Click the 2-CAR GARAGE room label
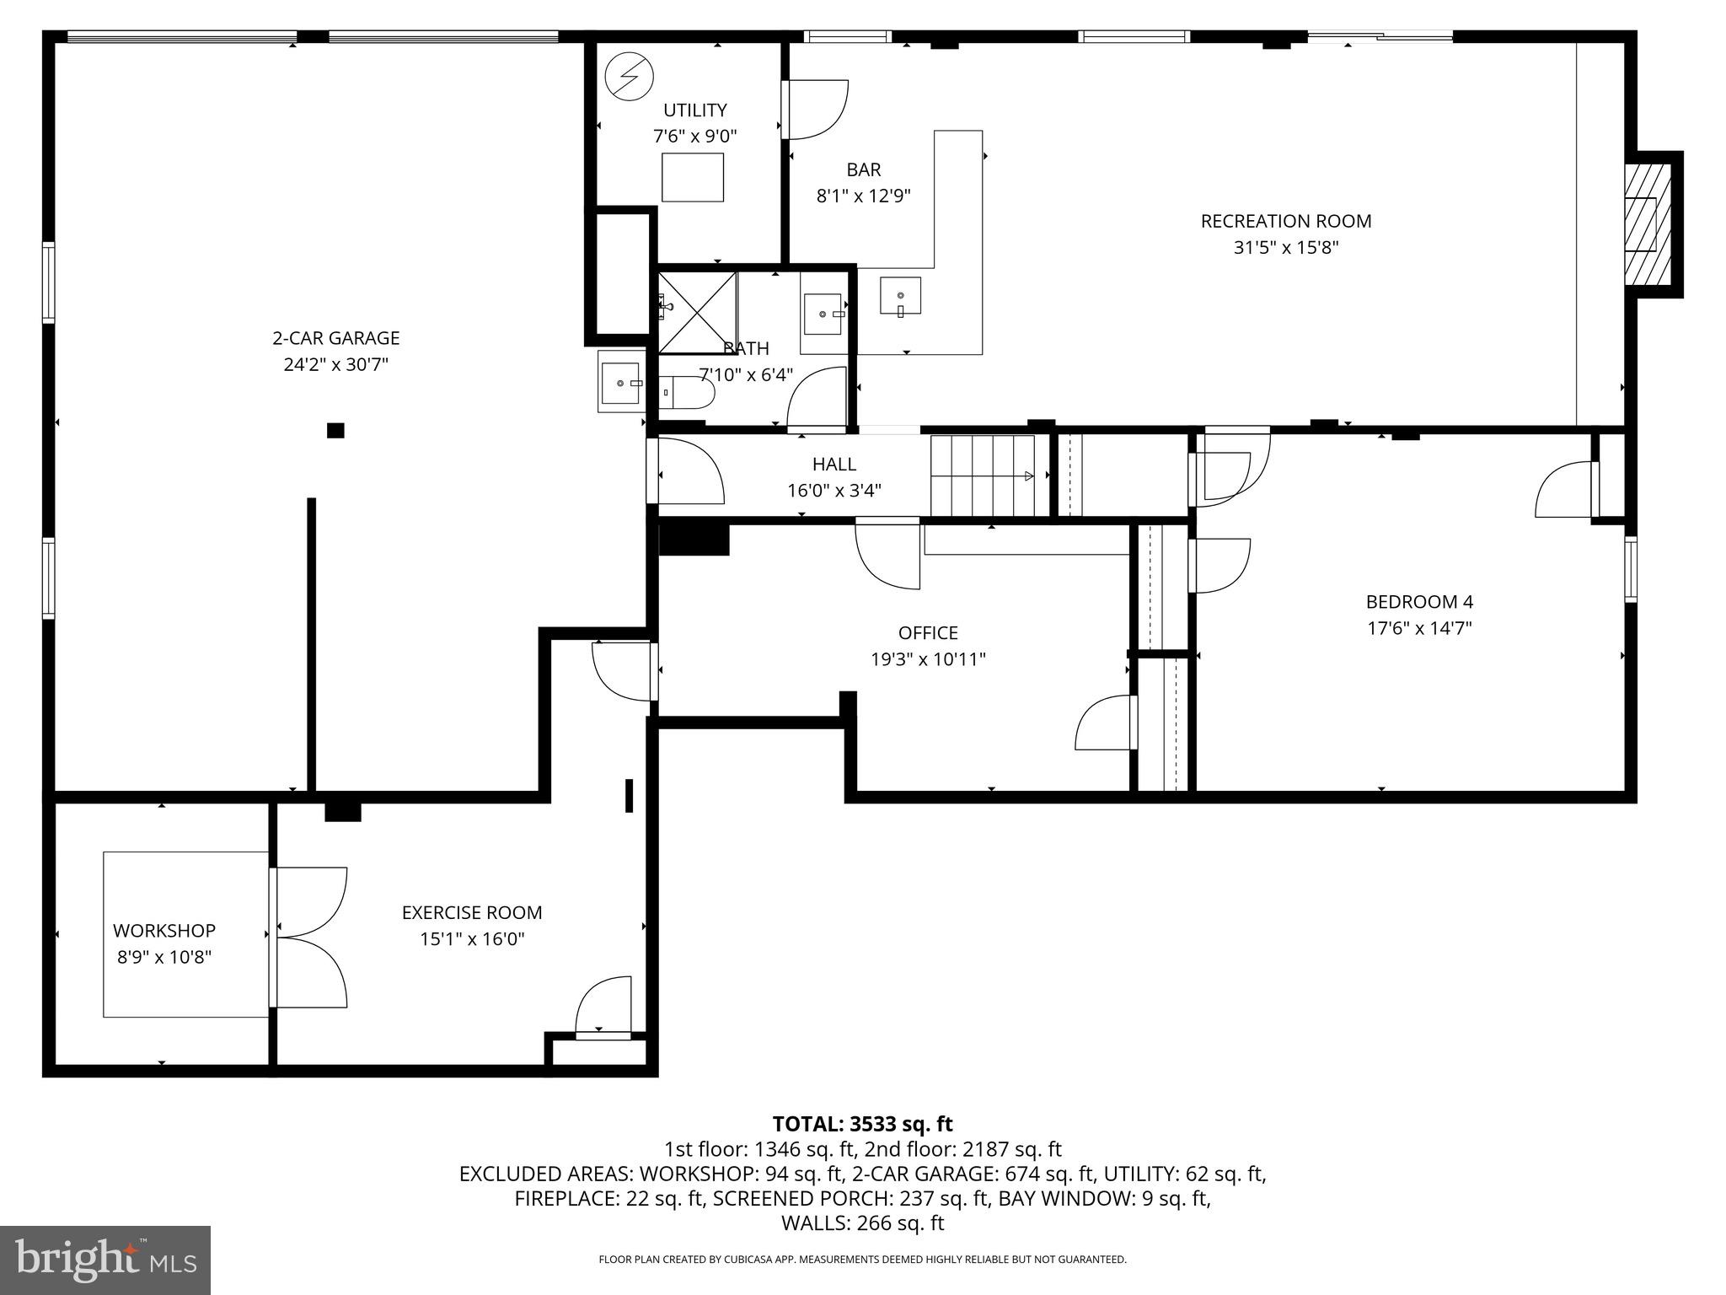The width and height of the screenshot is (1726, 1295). click(x=335, y=338)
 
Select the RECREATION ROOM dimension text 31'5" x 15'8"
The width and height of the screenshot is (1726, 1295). click(x=1286, y=248)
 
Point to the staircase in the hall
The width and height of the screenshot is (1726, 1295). click(x=983, y=476)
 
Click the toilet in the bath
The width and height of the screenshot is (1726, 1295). click(x=687, y=393)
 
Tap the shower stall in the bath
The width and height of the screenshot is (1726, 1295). click(x=697, y=312)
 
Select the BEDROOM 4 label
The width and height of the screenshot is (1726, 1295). click(x=1419, y=602)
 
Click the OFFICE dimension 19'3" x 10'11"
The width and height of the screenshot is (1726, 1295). click(x=928, y=659)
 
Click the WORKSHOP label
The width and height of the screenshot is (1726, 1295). click(x=164, y=931)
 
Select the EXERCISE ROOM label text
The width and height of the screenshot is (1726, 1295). click(x=472, y=912)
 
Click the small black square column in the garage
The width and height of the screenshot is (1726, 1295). click(x=335, y=431)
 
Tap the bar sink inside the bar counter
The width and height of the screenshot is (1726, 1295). click(x=900, y=296)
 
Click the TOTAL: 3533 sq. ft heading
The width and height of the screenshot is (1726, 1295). click(x=862, y=1124)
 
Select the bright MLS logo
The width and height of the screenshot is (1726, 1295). click(x=105, y=1260)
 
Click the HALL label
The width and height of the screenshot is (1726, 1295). click(x=834, y=464)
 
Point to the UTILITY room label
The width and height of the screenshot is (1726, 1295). click(x=695, y=110)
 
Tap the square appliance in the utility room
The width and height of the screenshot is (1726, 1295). click(x=693, y=177)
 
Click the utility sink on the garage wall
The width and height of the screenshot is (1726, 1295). click(x=621, y=382)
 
